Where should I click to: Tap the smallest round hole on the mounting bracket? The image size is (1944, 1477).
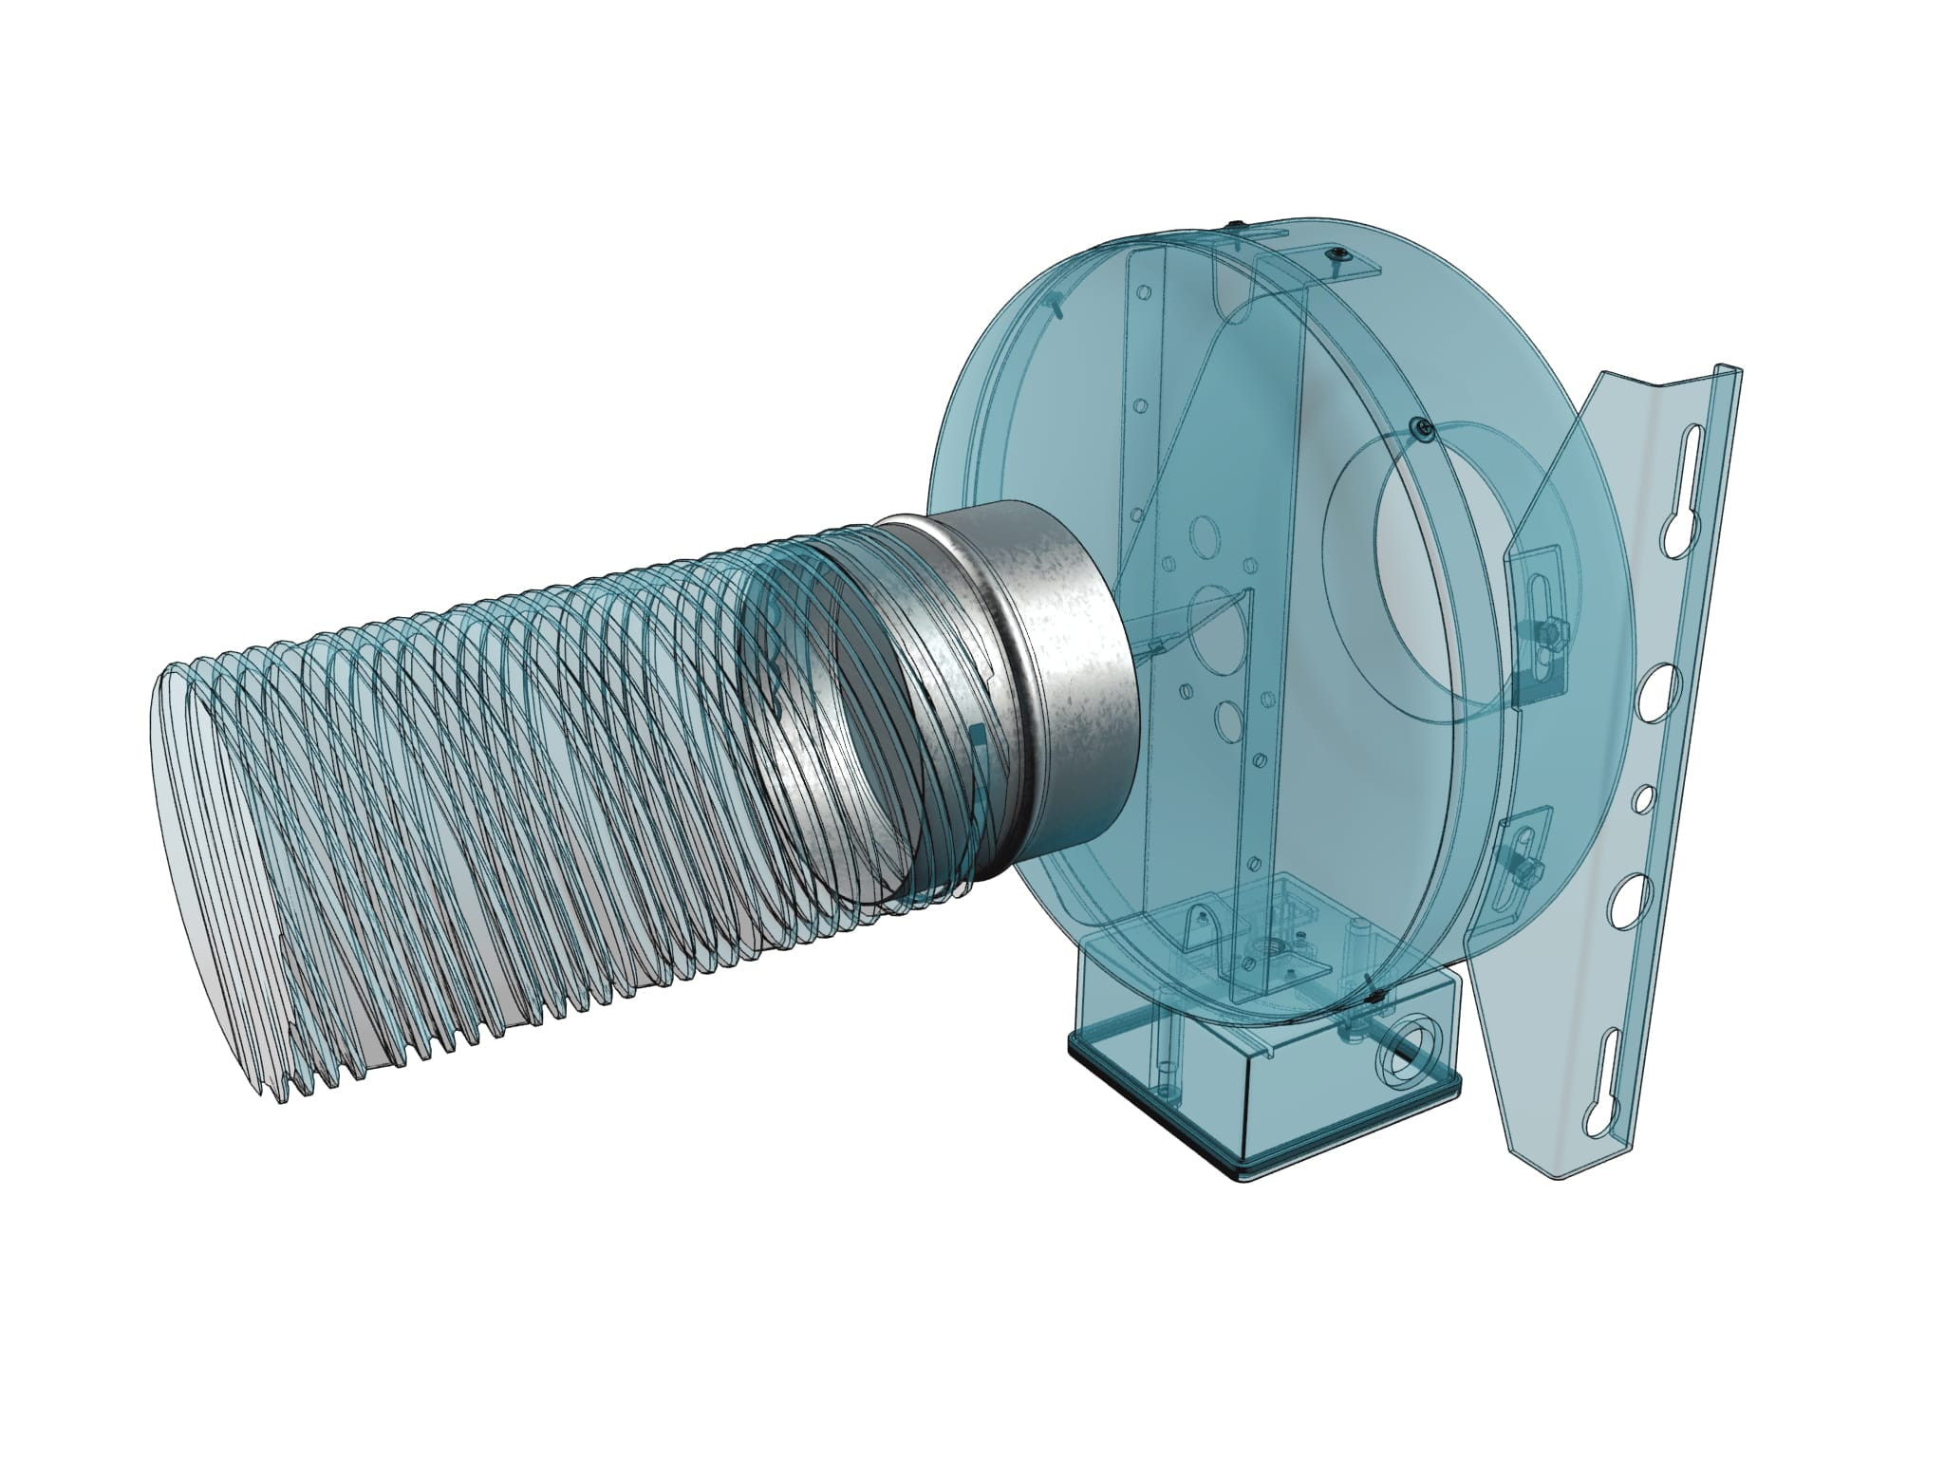(x=1639, y=800)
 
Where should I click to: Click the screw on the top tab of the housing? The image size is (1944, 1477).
(x=1338, y=254)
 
